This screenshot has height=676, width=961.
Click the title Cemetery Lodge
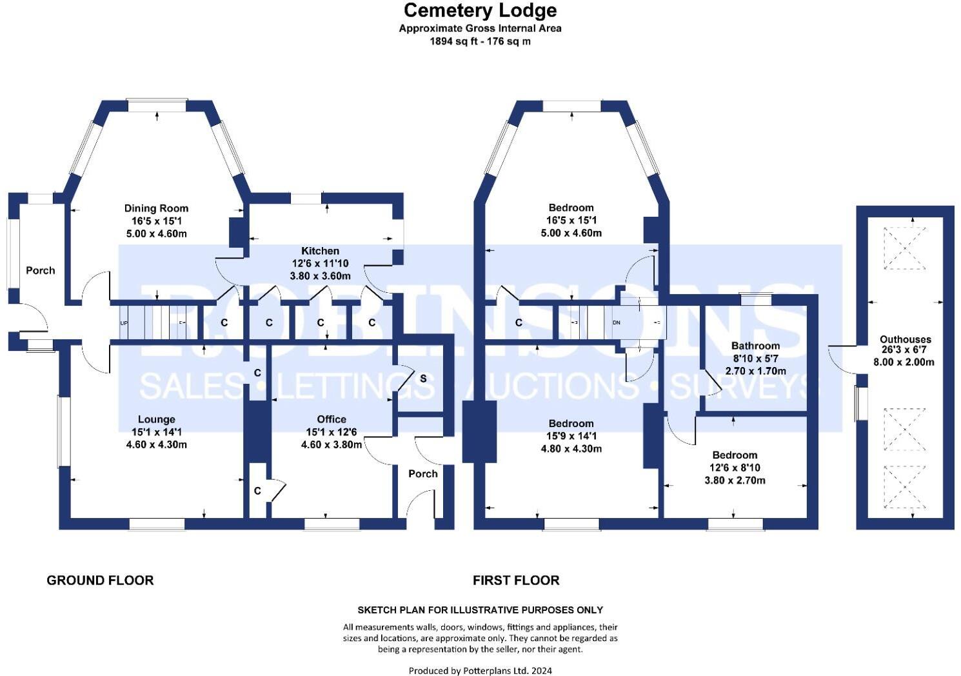coord(480,10)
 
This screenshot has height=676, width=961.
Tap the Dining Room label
coord(156,208)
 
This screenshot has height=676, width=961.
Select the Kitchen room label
coord(320,250)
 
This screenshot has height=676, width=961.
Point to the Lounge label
coord(156,419)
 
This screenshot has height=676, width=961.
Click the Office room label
coord(332,419)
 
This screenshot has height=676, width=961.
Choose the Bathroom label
coord(755,346)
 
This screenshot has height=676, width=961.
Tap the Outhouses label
coord(905,339)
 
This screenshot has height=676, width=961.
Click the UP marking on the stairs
coord(124,323)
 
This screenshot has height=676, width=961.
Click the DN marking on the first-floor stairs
coord(616,323)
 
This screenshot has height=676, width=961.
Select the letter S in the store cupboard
coord(423,378)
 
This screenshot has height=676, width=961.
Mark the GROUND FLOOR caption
coord(100,580)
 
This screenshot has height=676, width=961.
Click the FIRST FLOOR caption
coord(516,580)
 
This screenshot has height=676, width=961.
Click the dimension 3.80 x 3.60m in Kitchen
coord(320,275)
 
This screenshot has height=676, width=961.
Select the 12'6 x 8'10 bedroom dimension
coord(735,468)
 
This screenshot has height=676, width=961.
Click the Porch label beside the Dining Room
coord(40,270)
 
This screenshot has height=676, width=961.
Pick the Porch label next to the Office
coord(423,473)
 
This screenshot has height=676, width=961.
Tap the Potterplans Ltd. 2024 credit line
coord(480,670)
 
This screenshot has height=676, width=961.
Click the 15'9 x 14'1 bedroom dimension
coord(571,436)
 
